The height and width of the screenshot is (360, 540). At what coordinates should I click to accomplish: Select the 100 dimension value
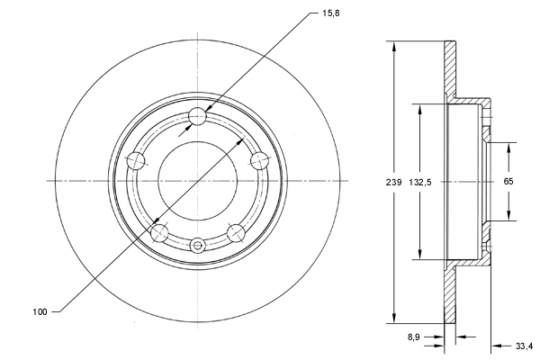39,311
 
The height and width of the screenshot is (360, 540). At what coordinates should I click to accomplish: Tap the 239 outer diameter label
381,182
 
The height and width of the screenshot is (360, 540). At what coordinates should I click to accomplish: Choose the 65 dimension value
508,181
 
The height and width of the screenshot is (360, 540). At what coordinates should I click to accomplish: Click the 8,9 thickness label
415,337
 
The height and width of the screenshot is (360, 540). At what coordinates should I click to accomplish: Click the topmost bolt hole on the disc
198,116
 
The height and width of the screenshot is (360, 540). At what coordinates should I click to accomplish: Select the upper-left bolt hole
137,160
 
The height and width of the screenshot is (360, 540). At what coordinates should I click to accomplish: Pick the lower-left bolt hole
160,233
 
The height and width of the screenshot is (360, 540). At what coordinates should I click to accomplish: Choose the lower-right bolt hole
237,233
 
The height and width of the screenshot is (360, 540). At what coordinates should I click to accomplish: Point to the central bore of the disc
198,180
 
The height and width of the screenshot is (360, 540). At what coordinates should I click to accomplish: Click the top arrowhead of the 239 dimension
393,45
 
